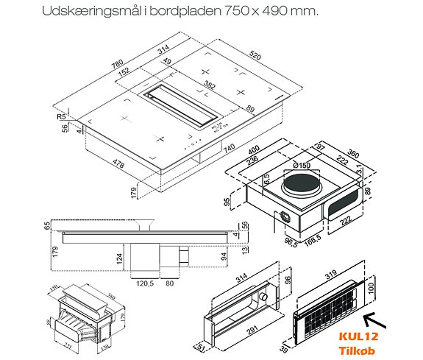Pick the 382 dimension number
tap(210, 85)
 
